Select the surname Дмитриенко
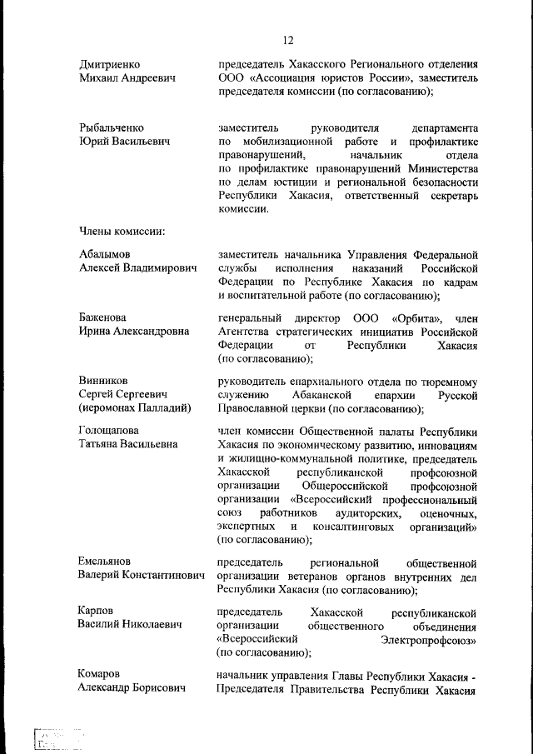click(x=109, y=64)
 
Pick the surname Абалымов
click(x=105, y=253)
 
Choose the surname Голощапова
click(x=109, y=431)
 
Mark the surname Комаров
click(x=100, y=674)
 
